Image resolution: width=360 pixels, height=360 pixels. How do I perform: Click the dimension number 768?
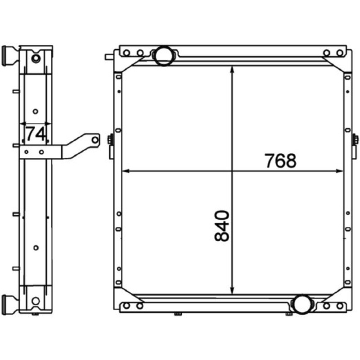coord(280,161)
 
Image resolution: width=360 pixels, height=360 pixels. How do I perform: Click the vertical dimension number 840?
coord(222,226)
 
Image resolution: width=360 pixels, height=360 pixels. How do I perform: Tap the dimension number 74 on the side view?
coord(35,134)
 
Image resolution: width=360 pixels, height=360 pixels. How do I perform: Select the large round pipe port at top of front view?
coord(163,56)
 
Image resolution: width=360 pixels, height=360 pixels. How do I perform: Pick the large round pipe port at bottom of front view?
coord(303,304)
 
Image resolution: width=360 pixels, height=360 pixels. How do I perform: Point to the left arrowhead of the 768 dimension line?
coord(126,171)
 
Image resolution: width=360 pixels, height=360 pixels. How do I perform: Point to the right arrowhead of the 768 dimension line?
coord(340,171)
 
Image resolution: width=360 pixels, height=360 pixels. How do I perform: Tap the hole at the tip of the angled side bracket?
coord(95,140)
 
